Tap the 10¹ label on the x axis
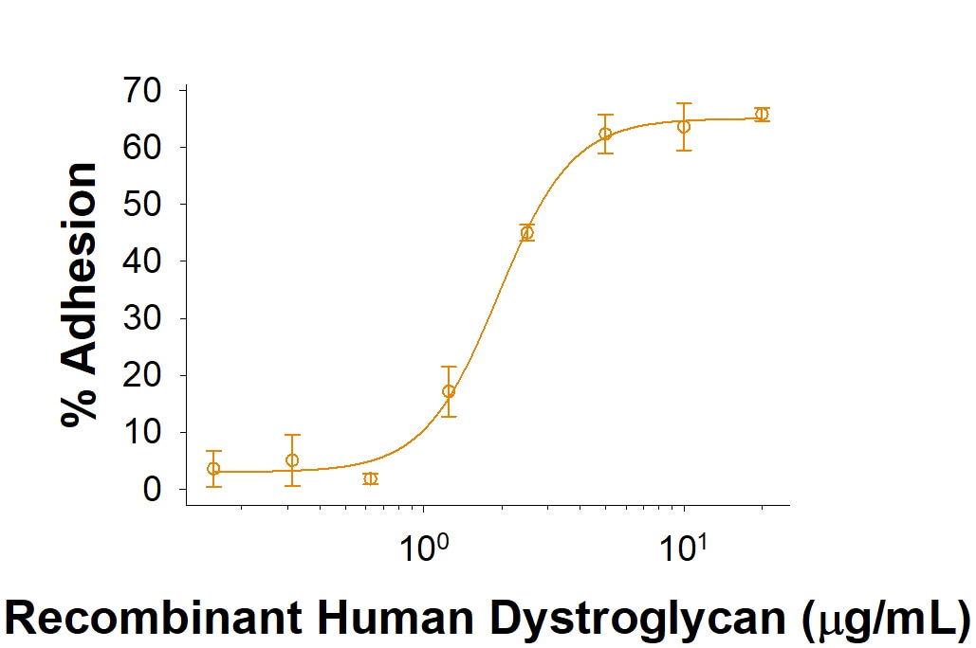683,547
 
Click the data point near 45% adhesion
527,233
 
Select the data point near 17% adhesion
449,391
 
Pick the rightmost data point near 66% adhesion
761,115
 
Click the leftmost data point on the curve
213,468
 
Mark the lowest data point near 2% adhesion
370,478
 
